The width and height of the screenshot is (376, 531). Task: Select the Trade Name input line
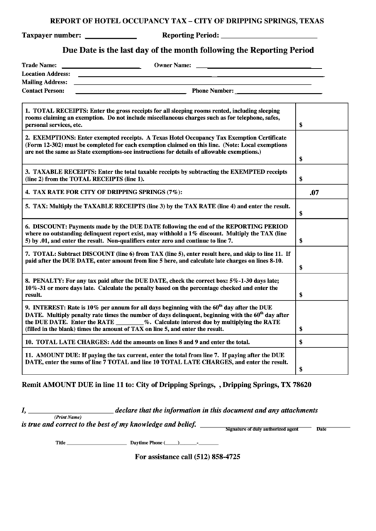99,67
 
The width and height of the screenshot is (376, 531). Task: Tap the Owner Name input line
263,67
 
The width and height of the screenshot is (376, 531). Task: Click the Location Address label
45,74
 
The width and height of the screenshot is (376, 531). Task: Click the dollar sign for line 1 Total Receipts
302,124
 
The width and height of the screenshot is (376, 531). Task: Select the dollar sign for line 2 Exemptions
302,159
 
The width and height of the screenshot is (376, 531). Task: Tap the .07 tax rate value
315,192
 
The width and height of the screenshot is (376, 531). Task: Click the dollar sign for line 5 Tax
302,212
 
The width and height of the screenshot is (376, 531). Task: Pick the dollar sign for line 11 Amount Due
302,369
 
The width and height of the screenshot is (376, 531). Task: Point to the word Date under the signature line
321,430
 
